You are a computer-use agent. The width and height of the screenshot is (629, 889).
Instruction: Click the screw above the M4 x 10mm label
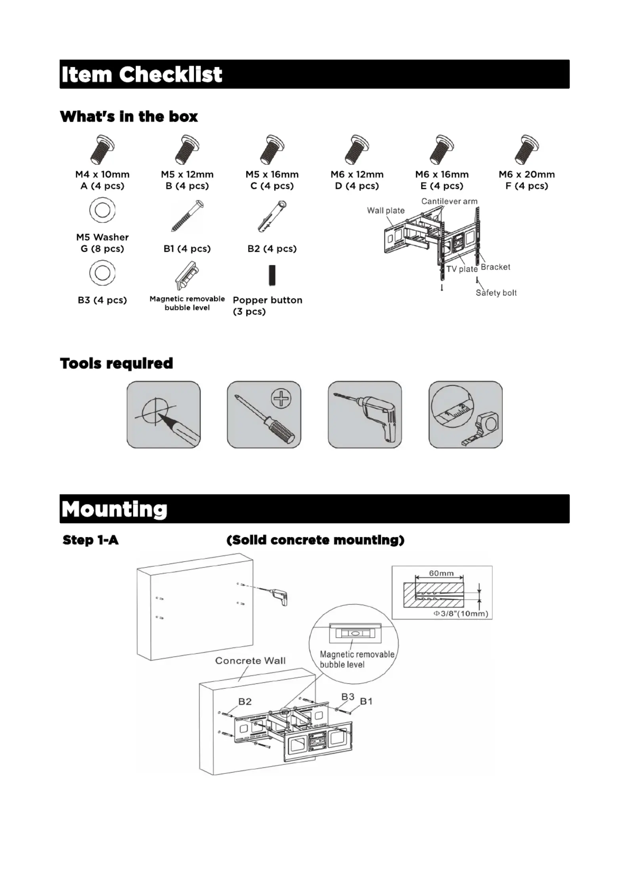[102, 150]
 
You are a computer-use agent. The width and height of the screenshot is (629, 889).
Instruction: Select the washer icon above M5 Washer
[102, 210]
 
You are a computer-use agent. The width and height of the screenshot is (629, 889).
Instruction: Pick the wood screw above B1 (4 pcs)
[187, 216]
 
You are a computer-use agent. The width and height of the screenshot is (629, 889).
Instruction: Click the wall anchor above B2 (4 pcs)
[272, 216]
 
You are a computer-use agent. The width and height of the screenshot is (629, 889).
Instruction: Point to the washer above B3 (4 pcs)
[102, 273]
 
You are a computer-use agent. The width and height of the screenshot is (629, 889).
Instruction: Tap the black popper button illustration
[272, 275]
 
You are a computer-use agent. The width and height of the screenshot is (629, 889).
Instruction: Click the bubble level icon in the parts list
[187, 275]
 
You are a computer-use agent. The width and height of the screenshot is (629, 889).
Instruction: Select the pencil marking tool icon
[164, 415]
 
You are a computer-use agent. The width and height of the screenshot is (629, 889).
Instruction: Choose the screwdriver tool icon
[264, 415]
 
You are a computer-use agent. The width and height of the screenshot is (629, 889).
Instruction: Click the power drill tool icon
[365, 415]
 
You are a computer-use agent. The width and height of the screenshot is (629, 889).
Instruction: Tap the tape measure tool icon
[465, 415]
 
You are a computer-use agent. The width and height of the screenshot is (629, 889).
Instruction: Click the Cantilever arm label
[449, 201]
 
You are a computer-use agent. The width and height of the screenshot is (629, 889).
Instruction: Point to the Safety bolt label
[496, 293]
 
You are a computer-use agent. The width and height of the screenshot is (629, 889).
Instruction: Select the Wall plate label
[386, 211]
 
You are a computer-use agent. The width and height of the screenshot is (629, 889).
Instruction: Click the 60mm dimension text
[441, 573]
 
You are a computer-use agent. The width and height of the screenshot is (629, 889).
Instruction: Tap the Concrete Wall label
[250, 661]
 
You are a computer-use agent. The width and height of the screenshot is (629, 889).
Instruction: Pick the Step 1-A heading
[91, 540]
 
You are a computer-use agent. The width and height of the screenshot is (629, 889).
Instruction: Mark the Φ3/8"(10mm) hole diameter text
[461, 614]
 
